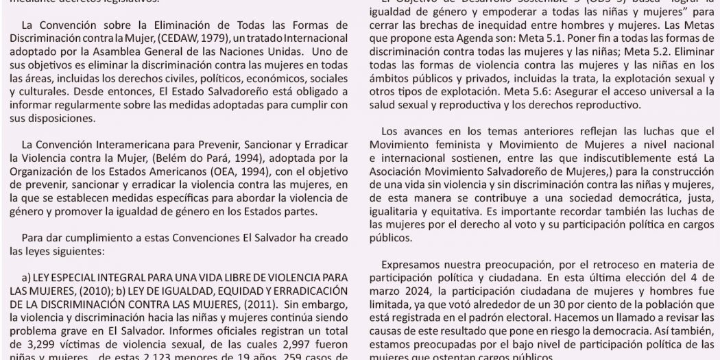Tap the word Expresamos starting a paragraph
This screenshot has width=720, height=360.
413,263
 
